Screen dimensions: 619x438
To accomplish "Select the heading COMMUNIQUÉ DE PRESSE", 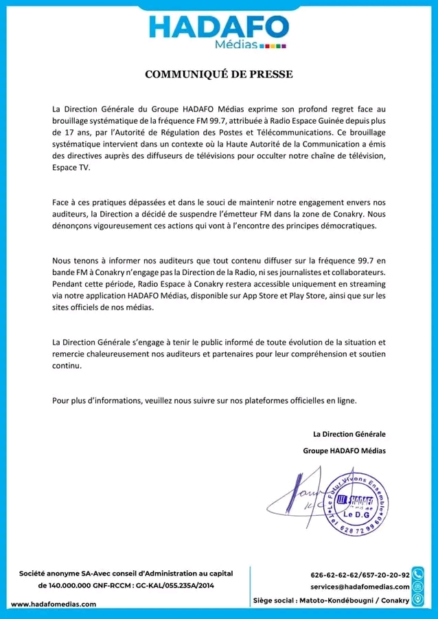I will coord(218,74).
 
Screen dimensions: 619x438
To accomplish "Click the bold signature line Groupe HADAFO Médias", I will coord(344,450).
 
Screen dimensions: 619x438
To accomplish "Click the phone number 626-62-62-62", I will coord(336,574).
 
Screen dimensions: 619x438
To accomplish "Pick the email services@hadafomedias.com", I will coord(360,587).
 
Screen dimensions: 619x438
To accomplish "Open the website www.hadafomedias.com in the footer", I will coord(54,604).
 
